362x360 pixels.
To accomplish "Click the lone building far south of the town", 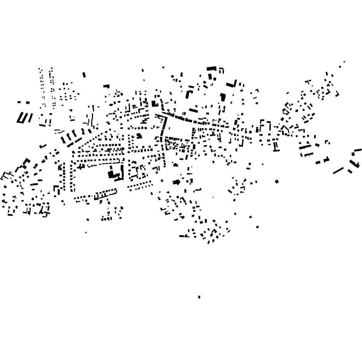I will pyautogui.click(x=199, y=297).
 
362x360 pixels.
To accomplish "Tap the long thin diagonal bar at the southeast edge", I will pyautogui.click(x=338, y=171).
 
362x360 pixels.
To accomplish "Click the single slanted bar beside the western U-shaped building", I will pyautogui.click(x=30, y=118).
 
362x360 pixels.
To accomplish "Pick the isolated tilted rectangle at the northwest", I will pyautogui.click(x=84, y=75).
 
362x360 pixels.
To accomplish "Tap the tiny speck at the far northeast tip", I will pyautogui.click(x=344, y=62).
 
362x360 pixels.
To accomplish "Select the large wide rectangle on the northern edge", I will pyautogui.click(x=211, y=69).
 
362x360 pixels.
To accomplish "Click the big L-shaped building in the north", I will pyautogui.click(x=231, y=84).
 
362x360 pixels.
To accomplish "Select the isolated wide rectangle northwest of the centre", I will pyautogui.click(x=106, y=86).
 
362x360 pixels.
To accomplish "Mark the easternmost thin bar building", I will pyautogui.click(x=357, y=150).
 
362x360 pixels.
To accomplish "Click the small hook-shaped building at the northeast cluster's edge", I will pyautogui.click(x=337, y=94).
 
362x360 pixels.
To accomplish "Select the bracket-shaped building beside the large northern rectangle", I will pyautogui.click(x=221, y=70).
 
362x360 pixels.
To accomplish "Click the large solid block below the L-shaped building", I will pyautogui.click(x=223, y=97).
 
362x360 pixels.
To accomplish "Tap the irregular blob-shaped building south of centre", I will pyautogui.click(x=176, y=182).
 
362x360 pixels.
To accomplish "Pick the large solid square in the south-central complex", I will pyautogui.click(x=111, y=174).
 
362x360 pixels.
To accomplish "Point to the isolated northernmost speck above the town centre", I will pyautogui.click(x=163, y=67).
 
